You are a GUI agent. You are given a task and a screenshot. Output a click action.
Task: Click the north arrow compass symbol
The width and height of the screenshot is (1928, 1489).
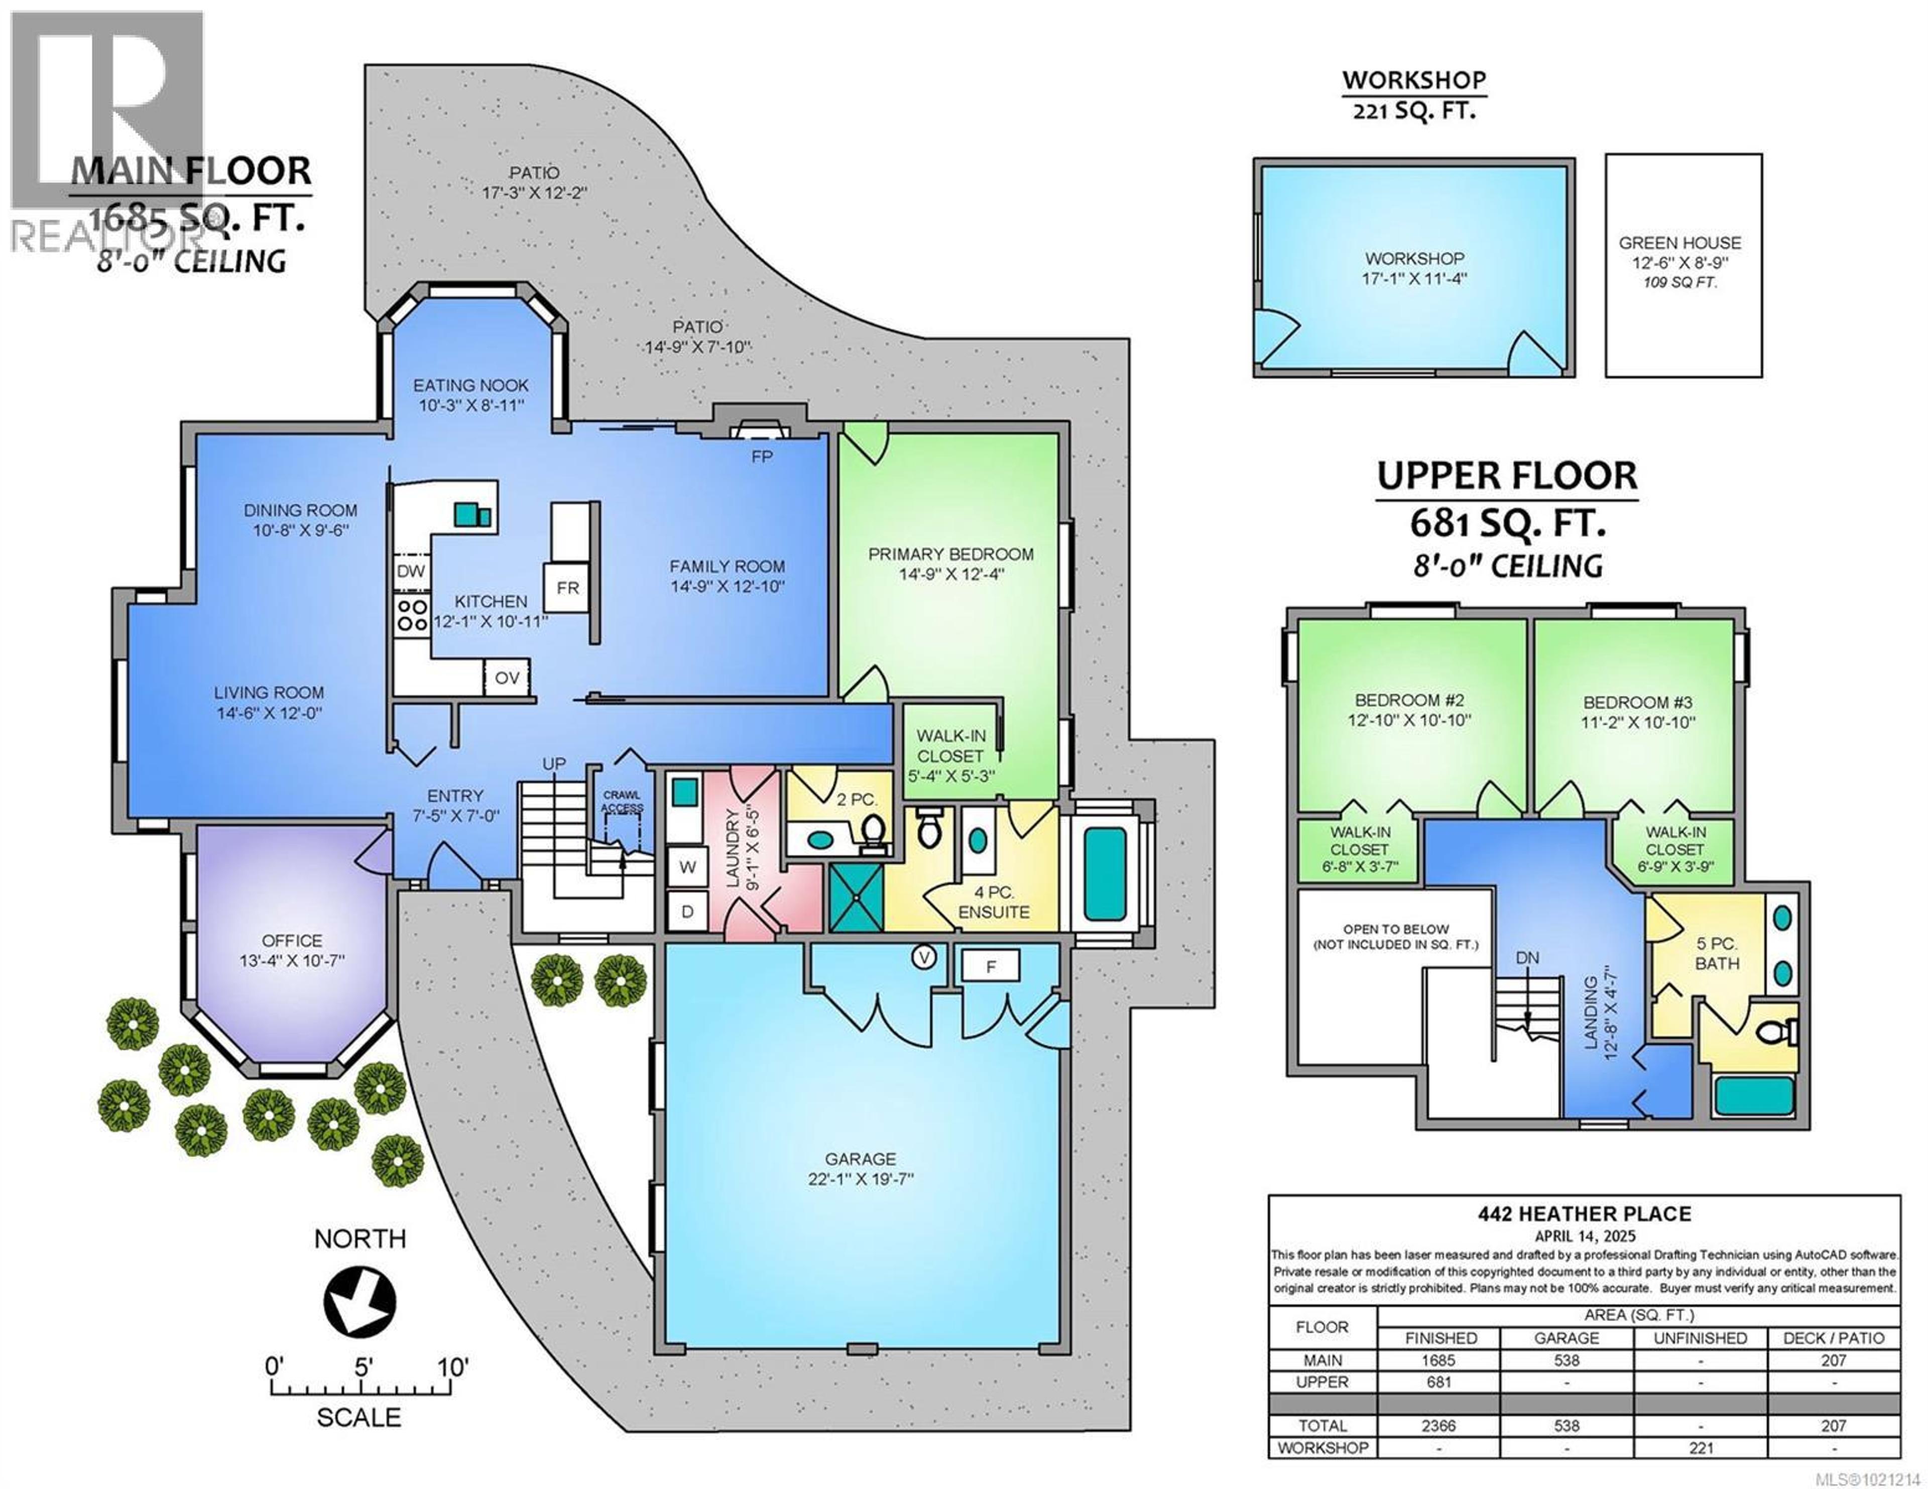coord(359,1301)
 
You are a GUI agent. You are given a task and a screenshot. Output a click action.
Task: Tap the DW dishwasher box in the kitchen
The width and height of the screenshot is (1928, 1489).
coord(411,571)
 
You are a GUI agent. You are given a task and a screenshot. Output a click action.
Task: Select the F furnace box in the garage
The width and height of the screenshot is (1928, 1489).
coord(991,967)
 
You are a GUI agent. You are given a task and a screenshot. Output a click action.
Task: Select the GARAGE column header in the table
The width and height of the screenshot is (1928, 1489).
coord(1566,1338)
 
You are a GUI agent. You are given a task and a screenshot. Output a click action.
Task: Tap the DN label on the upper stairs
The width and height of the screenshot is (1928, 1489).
coord(1527,958)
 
